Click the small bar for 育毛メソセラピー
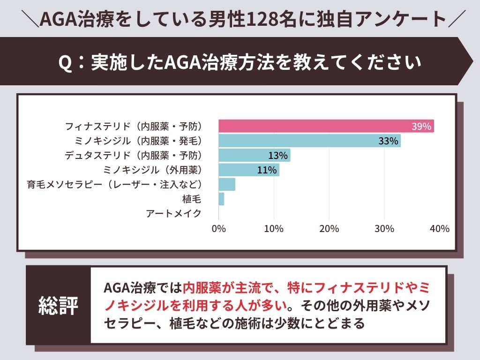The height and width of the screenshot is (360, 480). click(x=227, y=184)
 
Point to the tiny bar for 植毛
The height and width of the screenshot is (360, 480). click(x=221, y=199)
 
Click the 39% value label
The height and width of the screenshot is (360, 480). click(x=421, y=126)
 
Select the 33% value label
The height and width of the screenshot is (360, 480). click(x=388, y=141)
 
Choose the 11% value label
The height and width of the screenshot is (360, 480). click(x=267, y=170)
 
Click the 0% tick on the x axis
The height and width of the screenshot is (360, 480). click(x=219, y=229)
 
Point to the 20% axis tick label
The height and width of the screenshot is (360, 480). click(x=329, y=229)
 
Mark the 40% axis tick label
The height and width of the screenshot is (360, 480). click(x=439, y=229)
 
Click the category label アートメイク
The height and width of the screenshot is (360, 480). click(x=173, y=213)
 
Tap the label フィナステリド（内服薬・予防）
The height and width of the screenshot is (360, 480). click(x=133, y=127)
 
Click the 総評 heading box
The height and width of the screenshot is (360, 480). click(x=58, y=305)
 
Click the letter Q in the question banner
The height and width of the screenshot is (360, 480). click(x=66, y=62)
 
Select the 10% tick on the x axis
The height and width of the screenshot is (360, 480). click(x=274, y=229)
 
